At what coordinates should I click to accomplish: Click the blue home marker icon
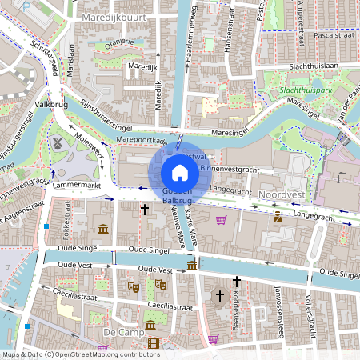point(180,172)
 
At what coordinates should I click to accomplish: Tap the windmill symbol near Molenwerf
point(57,142)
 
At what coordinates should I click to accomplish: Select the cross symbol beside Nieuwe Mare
point(145,210)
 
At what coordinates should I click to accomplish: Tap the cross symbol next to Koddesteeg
point(236,282)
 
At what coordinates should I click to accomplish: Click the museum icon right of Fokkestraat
point(103,230)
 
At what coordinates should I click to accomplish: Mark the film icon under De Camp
point(153,344)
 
